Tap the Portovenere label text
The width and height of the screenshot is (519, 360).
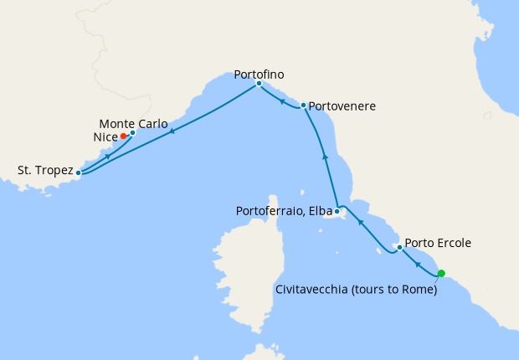(342, 107)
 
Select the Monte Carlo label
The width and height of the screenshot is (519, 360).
(139, 124)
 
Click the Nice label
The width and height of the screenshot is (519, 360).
(105, 136)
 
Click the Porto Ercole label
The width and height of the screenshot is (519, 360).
(438, 244)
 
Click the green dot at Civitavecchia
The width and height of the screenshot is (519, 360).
(441, 273)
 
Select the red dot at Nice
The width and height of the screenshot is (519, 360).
(123, 136)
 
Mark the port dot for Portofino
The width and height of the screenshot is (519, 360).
(259, 84)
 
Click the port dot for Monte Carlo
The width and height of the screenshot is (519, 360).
(132, 132)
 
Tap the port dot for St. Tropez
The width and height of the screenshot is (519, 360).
(79, 173)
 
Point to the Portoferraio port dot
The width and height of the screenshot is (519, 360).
(337, 211)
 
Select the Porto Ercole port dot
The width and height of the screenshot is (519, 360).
(399, 247)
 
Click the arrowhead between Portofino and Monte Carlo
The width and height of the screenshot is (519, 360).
(171, 131)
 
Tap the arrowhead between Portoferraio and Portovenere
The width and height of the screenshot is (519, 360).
(324, 157)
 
